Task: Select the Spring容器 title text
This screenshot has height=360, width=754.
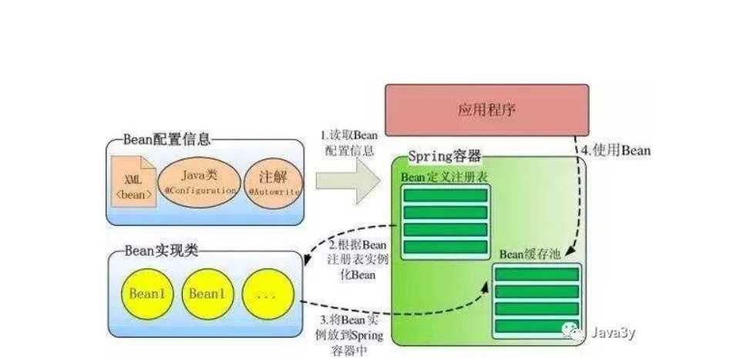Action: (x=444, y=156)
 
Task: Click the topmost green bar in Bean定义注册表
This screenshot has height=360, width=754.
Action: (x=446, y=196)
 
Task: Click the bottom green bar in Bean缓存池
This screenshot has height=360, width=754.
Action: (x=537, y=326)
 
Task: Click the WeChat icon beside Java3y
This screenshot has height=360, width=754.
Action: (x=578, y=331)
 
